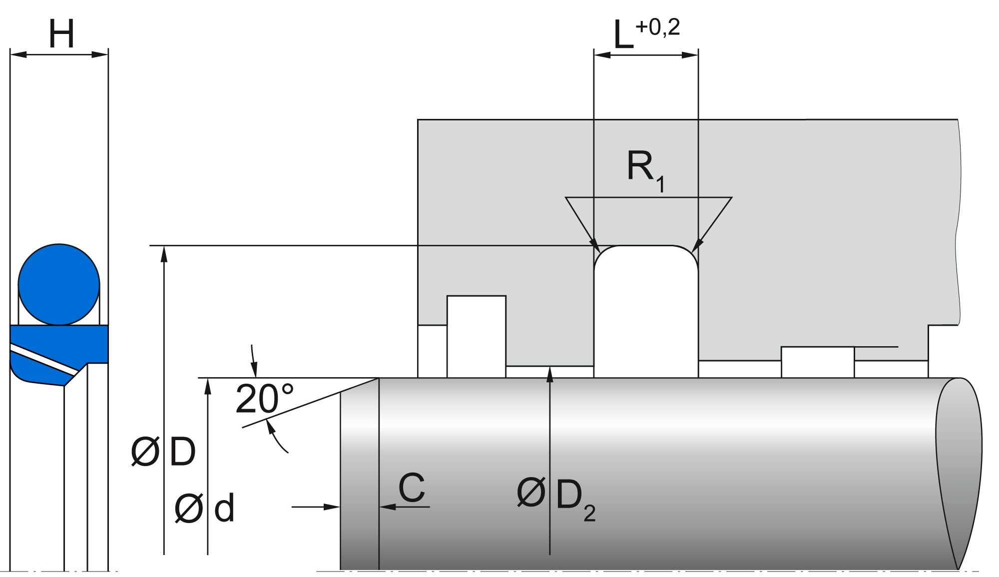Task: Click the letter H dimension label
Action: coord(61,34)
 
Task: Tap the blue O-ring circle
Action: coord(59,284)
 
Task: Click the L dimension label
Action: coord(623,36)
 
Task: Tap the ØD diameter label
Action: coord(163,452)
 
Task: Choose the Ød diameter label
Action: coord(204,509)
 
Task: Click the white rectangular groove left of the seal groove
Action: coord(476,336)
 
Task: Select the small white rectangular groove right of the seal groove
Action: coord(817,362)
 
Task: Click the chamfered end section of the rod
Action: coord(359,475)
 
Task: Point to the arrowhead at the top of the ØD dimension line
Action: coord(164,253)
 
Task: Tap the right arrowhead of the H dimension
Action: coord(101,54)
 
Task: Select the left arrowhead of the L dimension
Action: coord(601,55)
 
